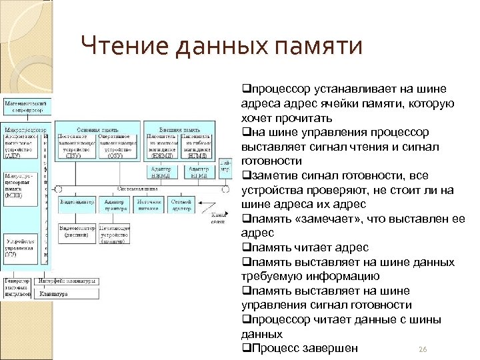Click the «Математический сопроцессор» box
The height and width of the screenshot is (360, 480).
[26, 108]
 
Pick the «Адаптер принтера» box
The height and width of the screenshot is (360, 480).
[114, 205]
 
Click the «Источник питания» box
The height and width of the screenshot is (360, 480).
[149, 205]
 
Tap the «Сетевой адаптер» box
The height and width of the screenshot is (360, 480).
[181, 205]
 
